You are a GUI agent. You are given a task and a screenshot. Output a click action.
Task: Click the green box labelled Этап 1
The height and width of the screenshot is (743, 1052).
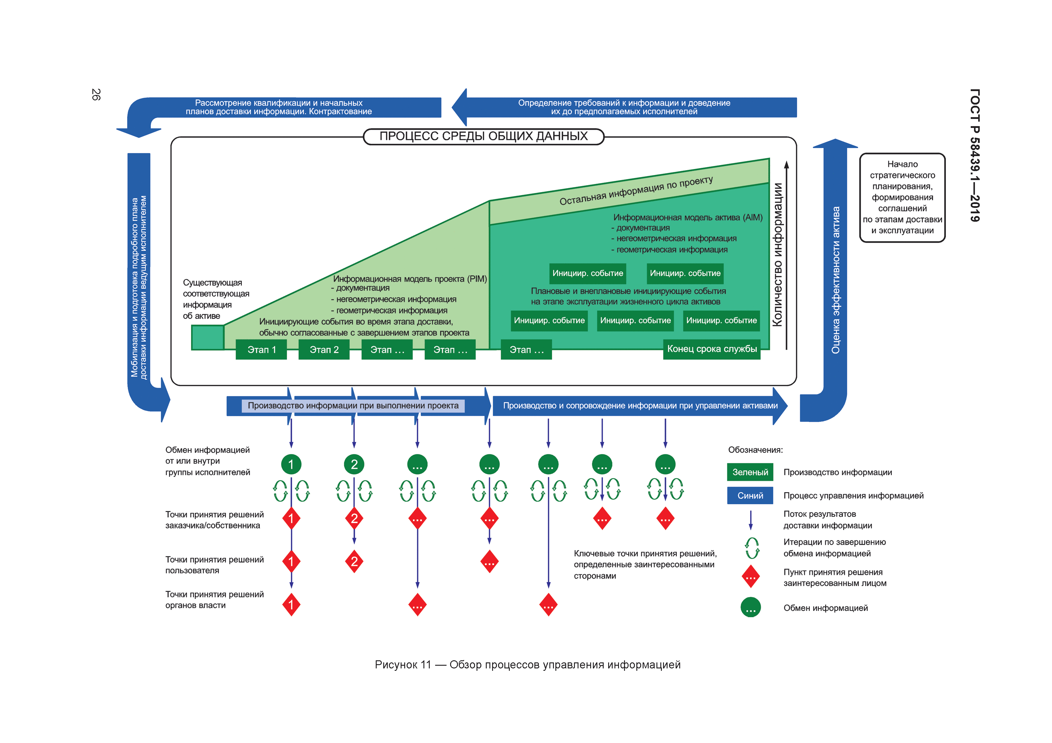click(261, 350)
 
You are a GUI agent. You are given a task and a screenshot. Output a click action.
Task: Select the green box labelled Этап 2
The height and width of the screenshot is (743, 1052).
click(324, 350)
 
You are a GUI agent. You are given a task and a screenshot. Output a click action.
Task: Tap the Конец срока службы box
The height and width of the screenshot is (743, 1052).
click(712, 349)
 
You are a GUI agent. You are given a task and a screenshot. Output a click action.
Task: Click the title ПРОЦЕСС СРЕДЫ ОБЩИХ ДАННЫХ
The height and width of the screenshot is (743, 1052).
click(483, 136)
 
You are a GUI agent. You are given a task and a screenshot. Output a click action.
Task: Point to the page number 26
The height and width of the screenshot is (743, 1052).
click(96, 94)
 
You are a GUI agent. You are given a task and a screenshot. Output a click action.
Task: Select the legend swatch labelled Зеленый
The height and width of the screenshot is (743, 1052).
click(750, 472)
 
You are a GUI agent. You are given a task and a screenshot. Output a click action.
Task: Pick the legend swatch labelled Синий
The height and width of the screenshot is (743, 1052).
click(750, 495)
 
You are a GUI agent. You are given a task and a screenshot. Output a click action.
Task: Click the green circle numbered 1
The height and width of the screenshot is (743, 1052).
click(291, 464)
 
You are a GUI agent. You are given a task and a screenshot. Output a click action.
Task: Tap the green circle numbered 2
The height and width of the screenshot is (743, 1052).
click(354, 464)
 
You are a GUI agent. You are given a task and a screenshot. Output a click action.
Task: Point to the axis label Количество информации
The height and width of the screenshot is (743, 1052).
click(778, 255)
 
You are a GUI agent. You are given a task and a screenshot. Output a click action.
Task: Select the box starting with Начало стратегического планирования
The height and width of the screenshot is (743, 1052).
click(902, 197)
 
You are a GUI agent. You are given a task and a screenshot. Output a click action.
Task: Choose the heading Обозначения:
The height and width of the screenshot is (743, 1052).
click(755, 450)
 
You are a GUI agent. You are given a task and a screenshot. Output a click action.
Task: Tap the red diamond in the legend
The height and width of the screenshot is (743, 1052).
click(751, 576)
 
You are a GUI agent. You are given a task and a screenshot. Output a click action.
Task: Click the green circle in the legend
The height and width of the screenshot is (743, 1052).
click(751, 608)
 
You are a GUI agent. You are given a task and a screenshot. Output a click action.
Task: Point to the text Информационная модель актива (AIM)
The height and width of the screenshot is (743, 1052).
click(688, 218)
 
